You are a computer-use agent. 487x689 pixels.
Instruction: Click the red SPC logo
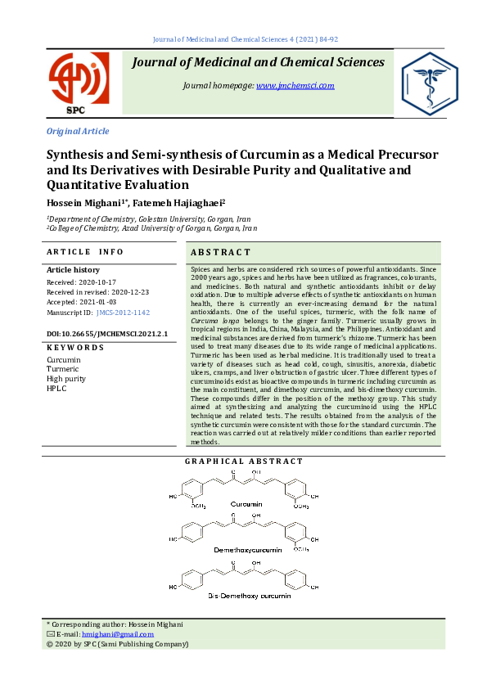78,83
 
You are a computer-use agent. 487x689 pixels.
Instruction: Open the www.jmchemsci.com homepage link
288,85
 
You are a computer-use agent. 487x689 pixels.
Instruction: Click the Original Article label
78,131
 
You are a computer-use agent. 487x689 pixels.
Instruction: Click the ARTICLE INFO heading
85,252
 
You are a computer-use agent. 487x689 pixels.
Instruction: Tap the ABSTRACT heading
220,252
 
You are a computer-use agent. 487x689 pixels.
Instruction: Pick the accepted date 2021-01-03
105,302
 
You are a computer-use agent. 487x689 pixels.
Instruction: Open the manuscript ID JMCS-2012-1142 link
123,313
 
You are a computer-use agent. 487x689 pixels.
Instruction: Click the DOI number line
106,334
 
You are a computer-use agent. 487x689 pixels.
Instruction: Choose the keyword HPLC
56,389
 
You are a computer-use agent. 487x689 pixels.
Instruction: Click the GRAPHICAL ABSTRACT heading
243,462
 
